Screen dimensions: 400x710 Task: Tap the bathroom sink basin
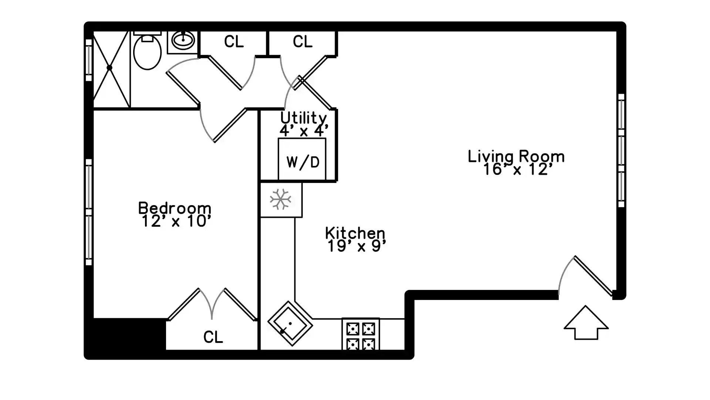pyautogui.click(x=183, y=40)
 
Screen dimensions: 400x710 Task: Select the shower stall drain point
pyautogui.click(x=109, y=68)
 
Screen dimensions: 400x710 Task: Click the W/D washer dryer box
pyautogui.click(x=302, y=160)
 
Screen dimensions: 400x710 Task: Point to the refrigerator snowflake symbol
pyautogui.click(x=281, y=199)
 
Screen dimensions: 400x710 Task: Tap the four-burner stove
pyautogui.click(x=361, y=334)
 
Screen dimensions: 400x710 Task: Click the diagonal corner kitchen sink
pyautogui.click(x=290, y=324)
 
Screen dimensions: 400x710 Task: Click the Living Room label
pyautogui.click(x=516, y=156)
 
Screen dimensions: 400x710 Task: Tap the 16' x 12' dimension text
pyautogui.click(x=518, y=170)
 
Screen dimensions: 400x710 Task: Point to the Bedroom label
pyautogui.click(x=175, y=208)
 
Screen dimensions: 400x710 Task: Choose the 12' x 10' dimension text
pyautogui.click(x=176, y=221)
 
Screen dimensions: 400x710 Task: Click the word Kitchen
pyautogui.click(x=355, y=233)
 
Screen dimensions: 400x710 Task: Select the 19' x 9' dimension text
pyautogui.click(x=357, y=246)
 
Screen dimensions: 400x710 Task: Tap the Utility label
pyautogui.click(x=303, y=118)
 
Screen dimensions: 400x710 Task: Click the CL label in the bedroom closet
pyautogui.click(x=213, y=337)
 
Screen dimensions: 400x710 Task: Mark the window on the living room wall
pyautogui.click(x=621, y=150)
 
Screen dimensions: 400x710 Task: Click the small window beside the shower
pyautogui.click(x=89, y=60)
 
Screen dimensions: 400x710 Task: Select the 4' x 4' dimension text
pyautogui.click(x=304, y=130)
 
